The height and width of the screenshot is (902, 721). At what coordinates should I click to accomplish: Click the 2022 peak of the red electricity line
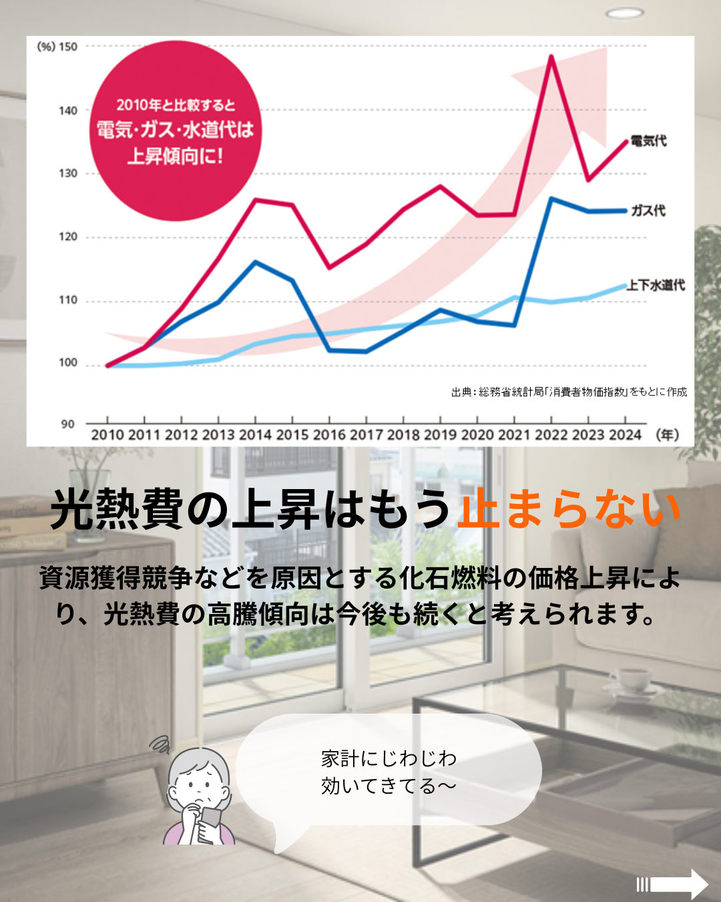click(551, 56)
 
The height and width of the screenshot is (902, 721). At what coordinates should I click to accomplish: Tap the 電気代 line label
click(648, 141)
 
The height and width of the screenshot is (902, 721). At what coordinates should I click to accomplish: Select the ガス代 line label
click(648, 210)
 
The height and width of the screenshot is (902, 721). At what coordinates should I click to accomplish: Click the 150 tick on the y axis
click(67, 47)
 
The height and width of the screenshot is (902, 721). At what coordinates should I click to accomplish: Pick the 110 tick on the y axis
click(67, 300)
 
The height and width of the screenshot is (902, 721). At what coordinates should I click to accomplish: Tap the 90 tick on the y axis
click(67, 424)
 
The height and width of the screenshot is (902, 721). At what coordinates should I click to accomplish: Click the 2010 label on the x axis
click(107, 435)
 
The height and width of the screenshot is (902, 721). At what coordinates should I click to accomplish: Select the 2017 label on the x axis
click(367, 435)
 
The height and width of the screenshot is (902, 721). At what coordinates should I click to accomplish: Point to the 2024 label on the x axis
click(625, 435)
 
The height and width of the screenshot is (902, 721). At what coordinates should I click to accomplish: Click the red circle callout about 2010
click(175, 131)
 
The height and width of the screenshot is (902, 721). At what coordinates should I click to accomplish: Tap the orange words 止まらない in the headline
click(569, 509)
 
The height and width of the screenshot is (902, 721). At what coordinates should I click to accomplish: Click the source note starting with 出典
click(569, 392)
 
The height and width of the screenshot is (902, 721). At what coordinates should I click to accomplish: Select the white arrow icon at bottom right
click(676, 884)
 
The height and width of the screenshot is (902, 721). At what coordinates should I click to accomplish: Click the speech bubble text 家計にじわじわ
click(389, 759)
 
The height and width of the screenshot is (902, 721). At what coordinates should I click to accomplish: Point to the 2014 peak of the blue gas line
click(256, 262)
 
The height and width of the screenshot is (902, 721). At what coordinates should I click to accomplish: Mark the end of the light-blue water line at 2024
click(625, 286)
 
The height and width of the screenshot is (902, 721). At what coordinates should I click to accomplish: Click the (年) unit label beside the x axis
click(668, 435)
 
